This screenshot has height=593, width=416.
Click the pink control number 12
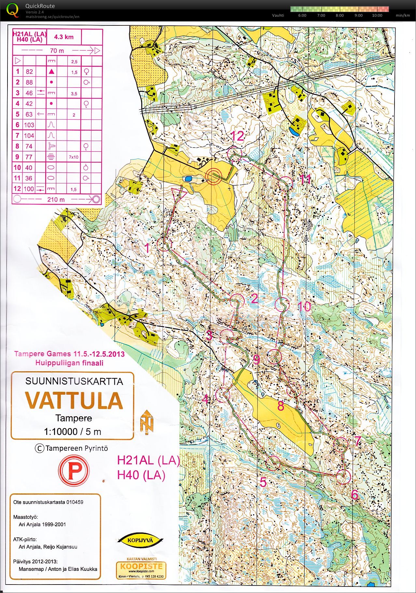click(237, 136)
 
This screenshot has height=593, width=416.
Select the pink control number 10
click(304, 306)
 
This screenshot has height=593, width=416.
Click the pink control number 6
click(354, 495)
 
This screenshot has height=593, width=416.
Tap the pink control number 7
click(357, 441)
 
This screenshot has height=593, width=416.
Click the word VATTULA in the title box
click(74, 400)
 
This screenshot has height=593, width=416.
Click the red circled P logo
click(74, 470)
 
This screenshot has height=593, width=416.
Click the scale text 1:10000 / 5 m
click(73, 432)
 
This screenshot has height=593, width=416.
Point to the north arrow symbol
click(147, 422)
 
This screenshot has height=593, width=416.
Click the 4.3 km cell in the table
click(64, 37)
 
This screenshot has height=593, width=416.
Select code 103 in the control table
click(29, 125)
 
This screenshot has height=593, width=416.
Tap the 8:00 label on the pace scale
click(340, 15)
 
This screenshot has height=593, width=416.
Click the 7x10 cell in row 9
click(74, 157)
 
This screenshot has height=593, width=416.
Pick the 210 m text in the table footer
click(56, 199)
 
